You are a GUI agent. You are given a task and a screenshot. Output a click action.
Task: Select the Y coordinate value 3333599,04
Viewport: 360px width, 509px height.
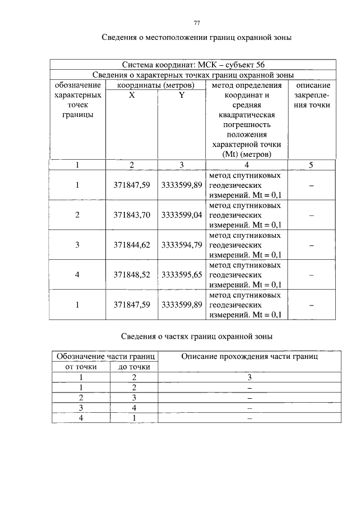[181, 215]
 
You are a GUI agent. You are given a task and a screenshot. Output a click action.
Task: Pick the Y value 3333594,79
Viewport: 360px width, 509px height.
[181, 245]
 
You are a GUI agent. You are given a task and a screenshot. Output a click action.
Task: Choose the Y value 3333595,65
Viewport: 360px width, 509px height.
[181, 275]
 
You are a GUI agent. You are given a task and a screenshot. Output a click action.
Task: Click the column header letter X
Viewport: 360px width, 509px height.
[132, 95]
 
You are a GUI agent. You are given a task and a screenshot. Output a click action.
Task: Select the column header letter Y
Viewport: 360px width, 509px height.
[181, 95]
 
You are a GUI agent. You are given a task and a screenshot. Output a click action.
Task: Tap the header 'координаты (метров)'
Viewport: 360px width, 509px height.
[156, 85]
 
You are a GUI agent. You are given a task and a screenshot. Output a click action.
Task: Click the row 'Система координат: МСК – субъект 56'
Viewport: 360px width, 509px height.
[193, 65]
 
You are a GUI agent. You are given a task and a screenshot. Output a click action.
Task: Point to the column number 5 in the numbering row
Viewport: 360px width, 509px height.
[310, 165]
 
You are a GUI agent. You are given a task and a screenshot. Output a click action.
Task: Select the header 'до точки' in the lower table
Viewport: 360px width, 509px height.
[134, 367]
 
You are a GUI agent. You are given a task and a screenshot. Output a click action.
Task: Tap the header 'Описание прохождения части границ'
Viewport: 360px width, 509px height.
[249, 357]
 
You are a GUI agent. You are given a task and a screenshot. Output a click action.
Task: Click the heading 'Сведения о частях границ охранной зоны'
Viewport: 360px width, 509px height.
[197, 336]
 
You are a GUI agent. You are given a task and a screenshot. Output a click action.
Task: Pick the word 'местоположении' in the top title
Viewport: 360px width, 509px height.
[173, 38]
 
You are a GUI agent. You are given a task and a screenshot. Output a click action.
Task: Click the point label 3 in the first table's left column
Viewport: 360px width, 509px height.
[78, 245]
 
